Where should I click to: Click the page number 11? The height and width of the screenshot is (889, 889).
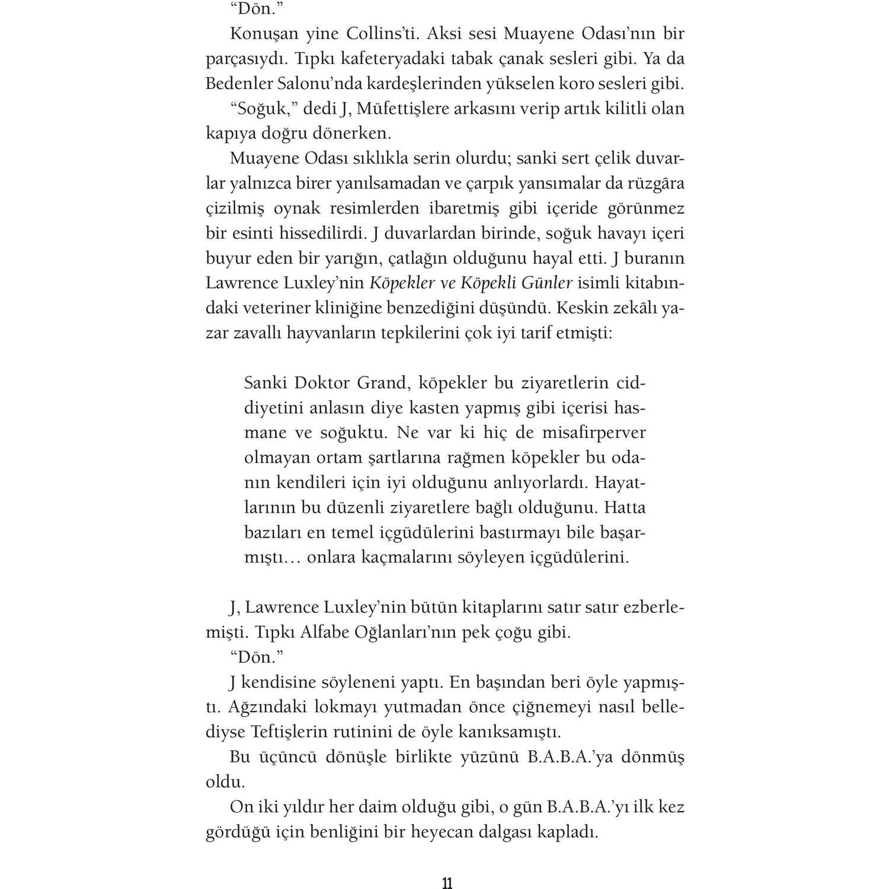[x=447, y=883]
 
